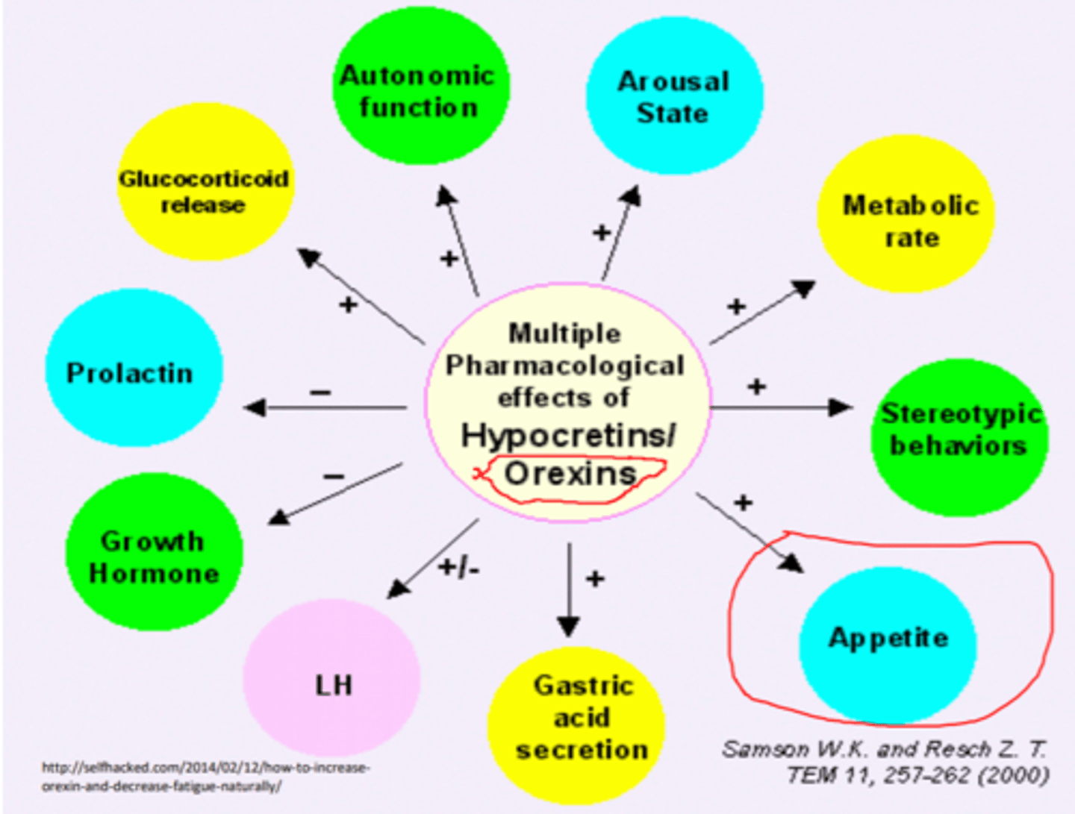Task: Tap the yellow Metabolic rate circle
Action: (x=906, y=214)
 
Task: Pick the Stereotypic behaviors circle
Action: (x=959, y=437)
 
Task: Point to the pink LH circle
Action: (x=331, y=677)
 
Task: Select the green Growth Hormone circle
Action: (x=155, y=551)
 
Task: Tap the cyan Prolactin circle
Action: (x=134, y=367)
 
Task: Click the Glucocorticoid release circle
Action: (x=205, y=181)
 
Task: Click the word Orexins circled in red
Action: (x=570, y=474)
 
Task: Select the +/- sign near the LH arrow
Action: (x=458, y=568)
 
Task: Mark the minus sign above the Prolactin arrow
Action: (x=320, y=392)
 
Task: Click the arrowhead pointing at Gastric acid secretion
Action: (x=569, y=626)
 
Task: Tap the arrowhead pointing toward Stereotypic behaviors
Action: (x=841, y=407)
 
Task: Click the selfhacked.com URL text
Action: (x=206, y=777)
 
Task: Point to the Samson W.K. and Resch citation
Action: (x=885, y=763)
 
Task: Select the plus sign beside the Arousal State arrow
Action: (x=602, y=233)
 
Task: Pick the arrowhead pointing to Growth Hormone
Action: (x=279, y=517)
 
